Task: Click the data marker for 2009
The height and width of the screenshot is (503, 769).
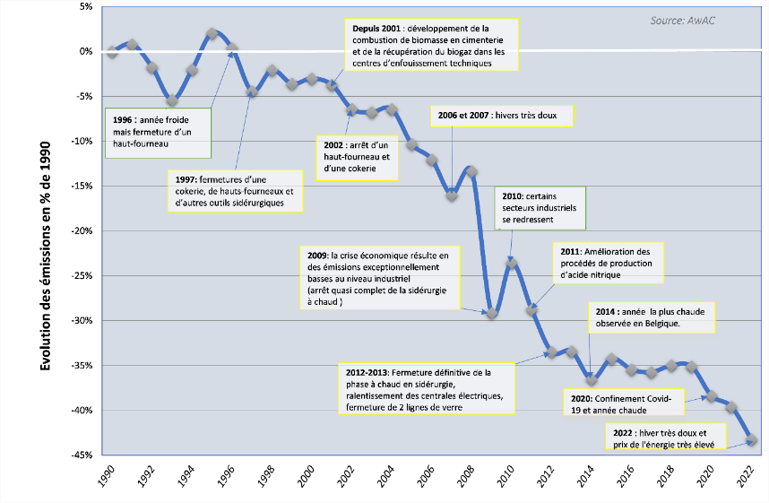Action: (x=491, y=313)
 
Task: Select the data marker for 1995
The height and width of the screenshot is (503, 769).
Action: (x=212, y=33)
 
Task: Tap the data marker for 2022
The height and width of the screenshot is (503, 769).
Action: (x=751, y=439)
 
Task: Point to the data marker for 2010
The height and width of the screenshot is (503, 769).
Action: (x=512, y=263)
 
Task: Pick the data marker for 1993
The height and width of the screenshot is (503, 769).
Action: (x=172, y=100)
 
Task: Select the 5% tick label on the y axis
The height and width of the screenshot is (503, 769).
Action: (x=86, y=6)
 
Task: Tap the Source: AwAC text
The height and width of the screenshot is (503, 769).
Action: (x=690, y=20)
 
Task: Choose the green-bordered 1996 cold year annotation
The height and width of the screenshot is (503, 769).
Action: (x=159, y=133)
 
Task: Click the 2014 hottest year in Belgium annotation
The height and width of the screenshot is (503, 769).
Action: (x=653, y=317)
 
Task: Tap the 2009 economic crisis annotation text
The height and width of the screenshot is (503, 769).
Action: (x=383, y=279)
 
